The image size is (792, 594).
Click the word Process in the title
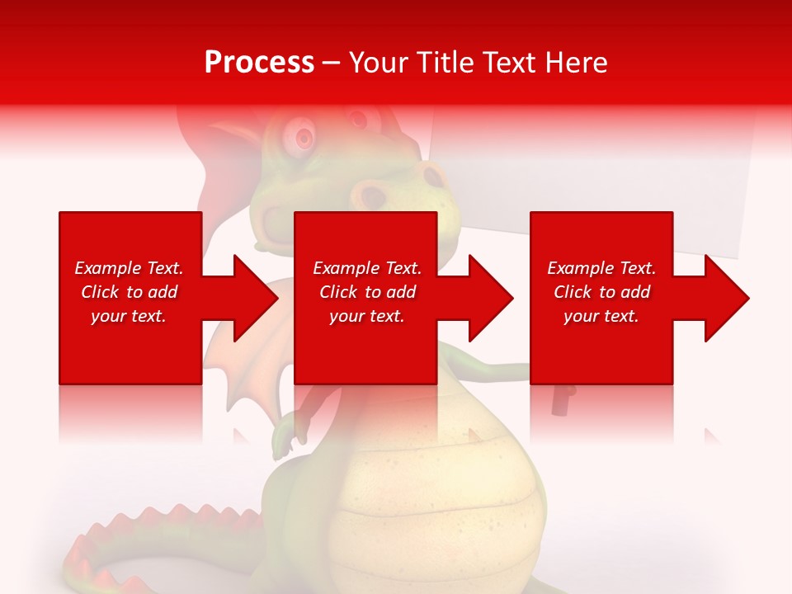pos(259,63)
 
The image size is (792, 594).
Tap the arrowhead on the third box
pos(725,298)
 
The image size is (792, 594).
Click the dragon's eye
pos(302,134)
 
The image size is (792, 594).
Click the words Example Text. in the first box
pos(129,268)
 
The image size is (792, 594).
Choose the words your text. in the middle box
pos(366,316)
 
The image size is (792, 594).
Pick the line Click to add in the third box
pos(601,292)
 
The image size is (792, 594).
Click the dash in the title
pos(332,63)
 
